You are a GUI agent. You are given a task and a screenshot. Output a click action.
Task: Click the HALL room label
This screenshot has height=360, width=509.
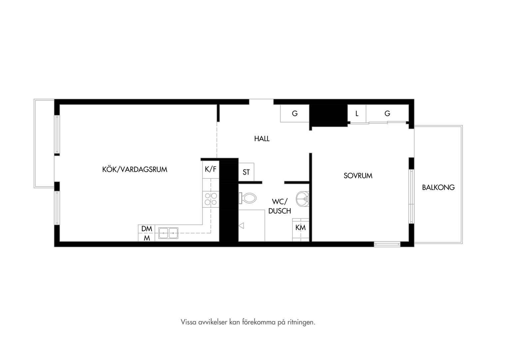pos(262,139)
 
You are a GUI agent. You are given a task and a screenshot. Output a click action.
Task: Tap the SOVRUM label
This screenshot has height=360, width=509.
pos(358,176)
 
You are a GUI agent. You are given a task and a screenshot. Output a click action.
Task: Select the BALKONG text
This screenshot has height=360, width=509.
pos(438,187)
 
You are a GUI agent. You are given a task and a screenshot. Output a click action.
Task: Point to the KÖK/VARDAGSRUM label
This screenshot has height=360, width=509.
pos(135,169)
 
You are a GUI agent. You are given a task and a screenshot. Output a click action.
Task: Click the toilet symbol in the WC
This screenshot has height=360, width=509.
pos(248,198)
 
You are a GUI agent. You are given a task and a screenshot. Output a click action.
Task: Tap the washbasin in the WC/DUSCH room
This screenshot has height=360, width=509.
pos(302,199)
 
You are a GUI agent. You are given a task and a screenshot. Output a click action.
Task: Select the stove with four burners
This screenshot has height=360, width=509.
pos(211,199)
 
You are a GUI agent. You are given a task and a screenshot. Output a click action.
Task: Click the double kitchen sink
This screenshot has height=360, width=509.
pos(168,233)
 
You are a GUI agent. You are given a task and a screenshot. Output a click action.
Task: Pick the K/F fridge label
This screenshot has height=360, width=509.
pos(211,169)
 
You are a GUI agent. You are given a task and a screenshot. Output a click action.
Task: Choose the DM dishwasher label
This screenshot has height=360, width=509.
pos(147,229)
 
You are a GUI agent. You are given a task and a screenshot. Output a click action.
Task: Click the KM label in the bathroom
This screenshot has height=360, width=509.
pos(300,228)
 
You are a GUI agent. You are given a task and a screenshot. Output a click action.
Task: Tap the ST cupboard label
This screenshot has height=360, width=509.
pos(246,172)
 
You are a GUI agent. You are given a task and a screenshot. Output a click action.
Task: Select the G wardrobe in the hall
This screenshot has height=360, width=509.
pos(295,113)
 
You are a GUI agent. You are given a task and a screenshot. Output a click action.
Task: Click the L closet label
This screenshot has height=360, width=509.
pos(357,113)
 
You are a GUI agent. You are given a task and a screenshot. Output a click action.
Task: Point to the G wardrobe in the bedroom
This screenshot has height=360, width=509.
pos(387,113)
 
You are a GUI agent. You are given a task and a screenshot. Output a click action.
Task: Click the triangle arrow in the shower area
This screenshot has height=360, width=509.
pos(241,226)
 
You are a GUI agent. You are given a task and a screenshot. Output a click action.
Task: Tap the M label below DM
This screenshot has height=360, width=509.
pos(147,238)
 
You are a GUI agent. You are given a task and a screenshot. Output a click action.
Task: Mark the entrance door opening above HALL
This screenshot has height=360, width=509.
pos(261,102)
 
